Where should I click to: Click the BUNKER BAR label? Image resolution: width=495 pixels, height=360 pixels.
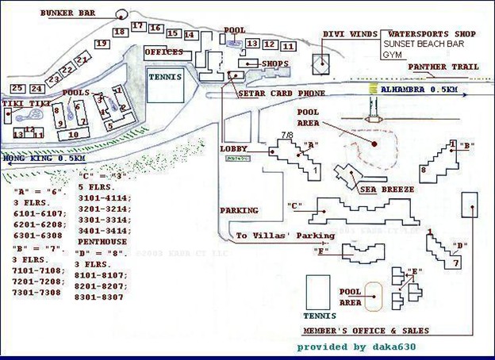pos(69,13)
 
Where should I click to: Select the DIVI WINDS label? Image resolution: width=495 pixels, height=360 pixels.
pos(346,34)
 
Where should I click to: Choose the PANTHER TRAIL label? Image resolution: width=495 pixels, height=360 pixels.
pos(443,67)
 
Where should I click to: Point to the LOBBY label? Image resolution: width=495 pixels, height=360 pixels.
pos(234,148)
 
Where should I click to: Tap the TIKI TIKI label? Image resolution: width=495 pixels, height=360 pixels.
pos(26,104)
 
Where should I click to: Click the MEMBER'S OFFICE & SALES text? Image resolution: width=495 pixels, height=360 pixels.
pos(366,331)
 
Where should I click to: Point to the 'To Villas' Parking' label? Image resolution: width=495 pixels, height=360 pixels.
pos(286,236)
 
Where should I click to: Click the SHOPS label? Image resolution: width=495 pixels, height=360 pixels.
pos(274,63)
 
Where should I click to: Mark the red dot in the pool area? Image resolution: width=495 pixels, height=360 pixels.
pos(374,144)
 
